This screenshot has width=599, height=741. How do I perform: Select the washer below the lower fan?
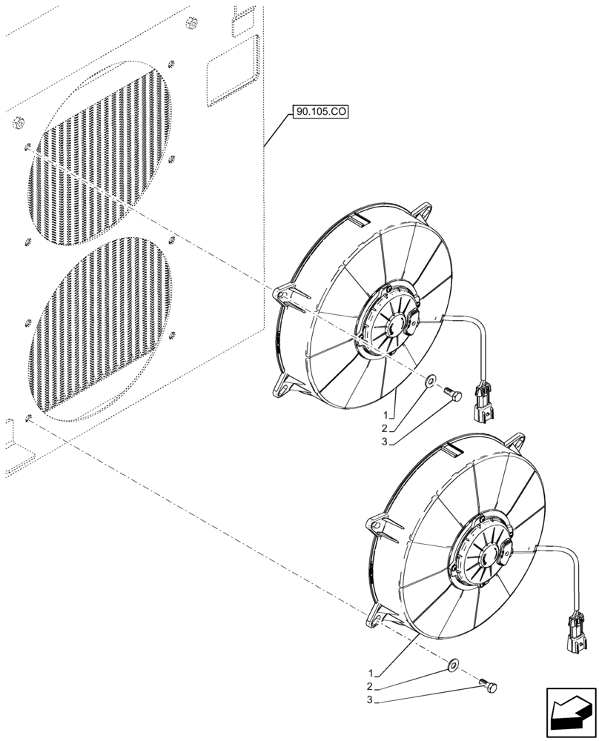pos(453,664)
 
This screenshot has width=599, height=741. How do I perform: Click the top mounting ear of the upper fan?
pos(424,211)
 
